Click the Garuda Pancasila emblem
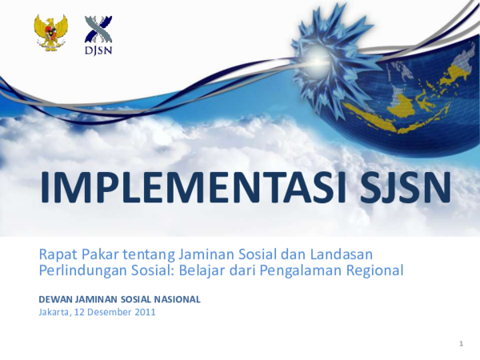pyautogui.click(x=50, y=33)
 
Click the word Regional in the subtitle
pyautogui.click(x=374, y=270)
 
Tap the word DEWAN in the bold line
pyautogui.click(x=54, y=299)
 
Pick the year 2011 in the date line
pyautogui.click(x=144, y=312)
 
